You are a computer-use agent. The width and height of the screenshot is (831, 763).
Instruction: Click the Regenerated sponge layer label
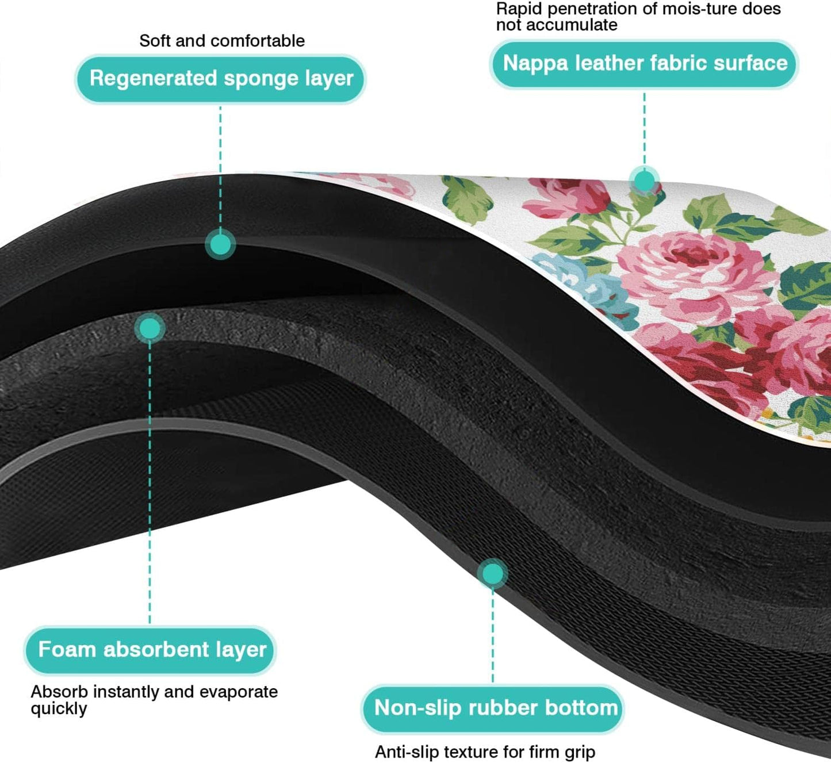click(x=221, y=79)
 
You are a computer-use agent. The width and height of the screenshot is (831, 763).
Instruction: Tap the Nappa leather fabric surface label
click(x=645, y=64)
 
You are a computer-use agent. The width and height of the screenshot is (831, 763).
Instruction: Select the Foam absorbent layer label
click(x=151, y=650)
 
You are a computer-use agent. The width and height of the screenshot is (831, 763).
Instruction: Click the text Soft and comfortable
click(x=222, y=41)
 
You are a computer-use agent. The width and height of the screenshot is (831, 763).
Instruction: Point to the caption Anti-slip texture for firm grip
click(x=485, y=752)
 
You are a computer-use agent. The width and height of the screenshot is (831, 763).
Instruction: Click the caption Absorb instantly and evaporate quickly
click(x=154, y=699)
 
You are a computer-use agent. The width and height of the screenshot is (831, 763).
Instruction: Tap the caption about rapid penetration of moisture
click(x=638, y=17)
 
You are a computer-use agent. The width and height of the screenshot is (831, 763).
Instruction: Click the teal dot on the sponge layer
click(x=220, y=244)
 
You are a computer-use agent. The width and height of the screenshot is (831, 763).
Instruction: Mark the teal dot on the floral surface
click(x=644, y=181)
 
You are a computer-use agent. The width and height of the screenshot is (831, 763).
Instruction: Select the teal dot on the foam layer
click(x=150, y=328)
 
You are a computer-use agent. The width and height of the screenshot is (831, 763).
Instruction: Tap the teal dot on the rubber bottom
click(x=492, y=573)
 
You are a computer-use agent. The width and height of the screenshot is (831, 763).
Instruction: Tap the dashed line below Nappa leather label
click(x=644, y=129)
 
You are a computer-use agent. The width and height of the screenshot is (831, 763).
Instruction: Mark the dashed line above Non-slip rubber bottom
click(x=492, y=632)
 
